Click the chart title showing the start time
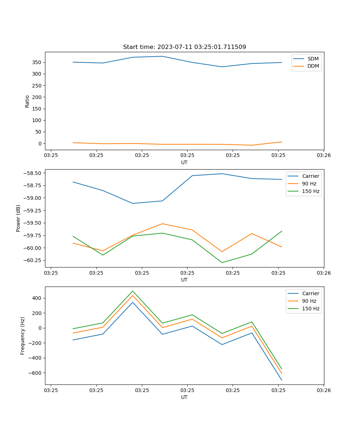184,47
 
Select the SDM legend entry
313,59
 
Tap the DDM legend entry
313,66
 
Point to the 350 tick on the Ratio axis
38,62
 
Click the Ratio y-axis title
27,101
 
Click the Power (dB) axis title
18,218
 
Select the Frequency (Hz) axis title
23,336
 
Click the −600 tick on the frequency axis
35,373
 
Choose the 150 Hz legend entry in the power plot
310,191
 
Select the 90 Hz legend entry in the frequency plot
309,301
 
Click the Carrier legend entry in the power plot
310,176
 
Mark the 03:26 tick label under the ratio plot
324,156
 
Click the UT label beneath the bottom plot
184,397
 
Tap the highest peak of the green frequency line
132,291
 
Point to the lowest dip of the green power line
222,262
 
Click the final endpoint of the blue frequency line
282,380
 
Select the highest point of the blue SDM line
162,56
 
